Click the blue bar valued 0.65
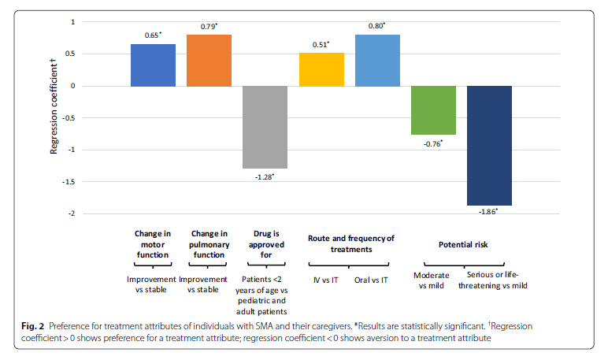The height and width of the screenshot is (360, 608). click(153, 65)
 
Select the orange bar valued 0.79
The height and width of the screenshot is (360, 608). click(209, 61)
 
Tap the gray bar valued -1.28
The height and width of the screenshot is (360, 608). click(265, 127)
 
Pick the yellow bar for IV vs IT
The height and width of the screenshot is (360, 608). click(321, 69)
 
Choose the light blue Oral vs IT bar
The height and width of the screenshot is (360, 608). click(377, 61)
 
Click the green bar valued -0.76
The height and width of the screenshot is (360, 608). click(433, 110)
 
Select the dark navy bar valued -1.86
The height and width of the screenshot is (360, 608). click(489, 146)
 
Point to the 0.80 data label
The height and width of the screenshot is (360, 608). click(376, 26)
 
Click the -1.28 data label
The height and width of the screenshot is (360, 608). click(265, 177)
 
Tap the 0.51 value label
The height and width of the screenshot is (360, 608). click(321, 45)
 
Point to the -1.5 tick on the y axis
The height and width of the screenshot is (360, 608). click(69, 181)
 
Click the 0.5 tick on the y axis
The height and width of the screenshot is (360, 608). click(70, 54)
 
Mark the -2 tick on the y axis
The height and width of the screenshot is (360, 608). click(72, 213)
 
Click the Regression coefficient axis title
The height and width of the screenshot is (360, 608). click(54, 106)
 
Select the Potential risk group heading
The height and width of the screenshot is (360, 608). click(463, 244)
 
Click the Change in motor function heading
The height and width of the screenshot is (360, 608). click(153, 244)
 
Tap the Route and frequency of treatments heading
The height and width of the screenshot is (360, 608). click(351, 243)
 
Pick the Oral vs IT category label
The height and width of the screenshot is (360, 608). click(371, 280)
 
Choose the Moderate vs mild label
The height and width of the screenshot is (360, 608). click(431, 280)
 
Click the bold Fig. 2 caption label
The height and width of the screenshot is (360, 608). click(32, 326)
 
